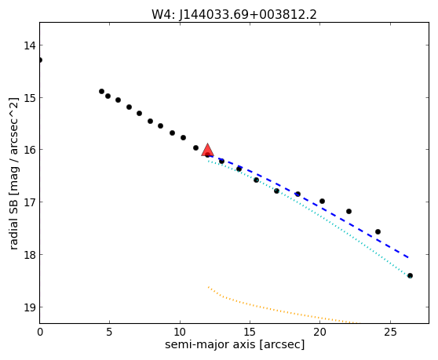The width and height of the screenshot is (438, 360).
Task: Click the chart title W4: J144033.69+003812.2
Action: (x=234, y=14)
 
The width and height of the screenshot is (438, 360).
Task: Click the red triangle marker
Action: (x=207, y=151)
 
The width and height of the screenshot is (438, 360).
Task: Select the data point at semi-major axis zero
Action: (x=40, y=60)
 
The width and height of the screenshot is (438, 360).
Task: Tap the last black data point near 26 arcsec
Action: (x=410, y=276)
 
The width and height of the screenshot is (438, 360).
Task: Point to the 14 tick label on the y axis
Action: (x=30, y=45)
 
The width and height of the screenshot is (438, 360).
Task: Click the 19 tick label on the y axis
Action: (x=30, y=307)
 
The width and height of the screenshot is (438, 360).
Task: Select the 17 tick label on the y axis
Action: (x=30, y=202)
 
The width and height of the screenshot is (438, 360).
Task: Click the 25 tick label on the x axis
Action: (x=390, y=332)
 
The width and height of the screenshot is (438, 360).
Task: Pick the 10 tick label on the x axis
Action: (x=180, y=332)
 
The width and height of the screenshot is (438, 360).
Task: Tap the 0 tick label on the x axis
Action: (x=40, y=332)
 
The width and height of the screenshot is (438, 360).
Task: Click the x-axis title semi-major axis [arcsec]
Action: (x=235, y=344)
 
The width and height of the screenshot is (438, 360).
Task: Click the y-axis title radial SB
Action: (x=13, y=173)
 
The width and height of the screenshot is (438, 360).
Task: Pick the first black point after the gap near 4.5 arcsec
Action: (x=102, y=91)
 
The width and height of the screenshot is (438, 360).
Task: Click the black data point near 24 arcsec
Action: (x=378, y=231)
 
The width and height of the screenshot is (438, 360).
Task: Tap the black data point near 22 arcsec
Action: (x=349, y=211)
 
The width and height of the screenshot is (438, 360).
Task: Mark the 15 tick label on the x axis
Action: (x=250, y=332)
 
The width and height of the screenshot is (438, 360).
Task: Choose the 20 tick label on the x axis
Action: (x=319, y=332)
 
